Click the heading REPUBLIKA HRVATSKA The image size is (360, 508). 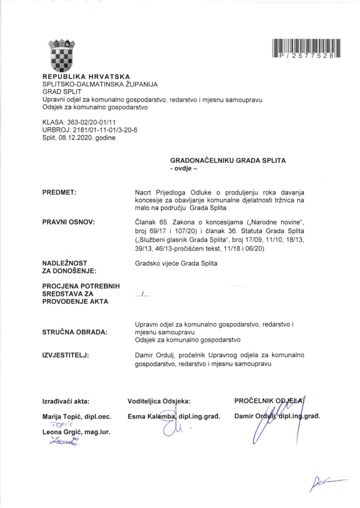coord(86,77)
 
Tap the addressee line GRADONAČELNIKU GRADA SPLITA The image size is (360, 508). coord(228,161)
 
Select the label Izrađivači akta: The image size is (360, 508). coord(66,400)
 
